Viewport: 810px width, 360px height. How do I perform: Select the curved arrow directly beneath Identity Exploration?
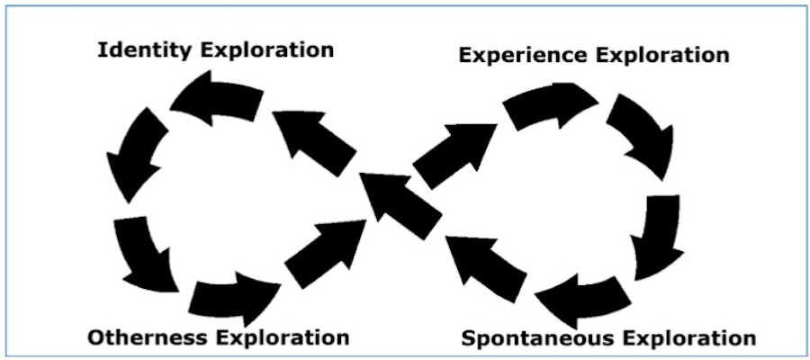pyautogui.click(x=216, y=99)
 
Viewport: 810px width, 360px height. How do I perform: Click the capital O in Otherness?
pyautogui.click(x=95, y=337)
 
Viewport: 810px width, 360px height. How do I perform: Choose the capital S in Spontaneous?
pyautogui.click(x=469, y=339)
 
